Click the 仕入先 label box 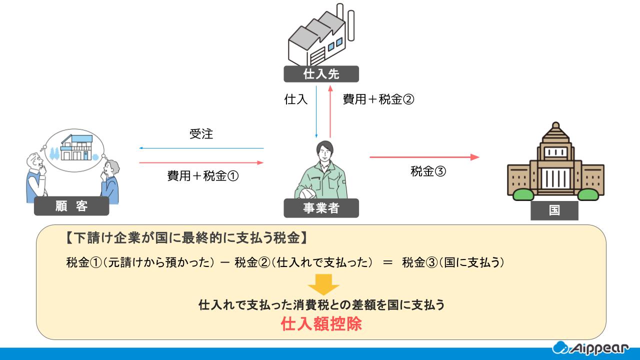(x=321, y=74)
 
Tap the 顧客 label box (x=71, y=206)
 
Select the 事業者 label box (x=321, y=208)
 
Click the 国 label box (x=554, y=210)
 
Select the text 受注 (x=201, y=134)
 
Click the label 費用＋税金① (x=202, y=176)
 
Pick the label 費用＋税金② (x=378, y=99)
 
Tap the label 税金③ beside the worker (x=428, y=171)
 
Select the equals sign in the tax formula (x=387, y=261)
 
